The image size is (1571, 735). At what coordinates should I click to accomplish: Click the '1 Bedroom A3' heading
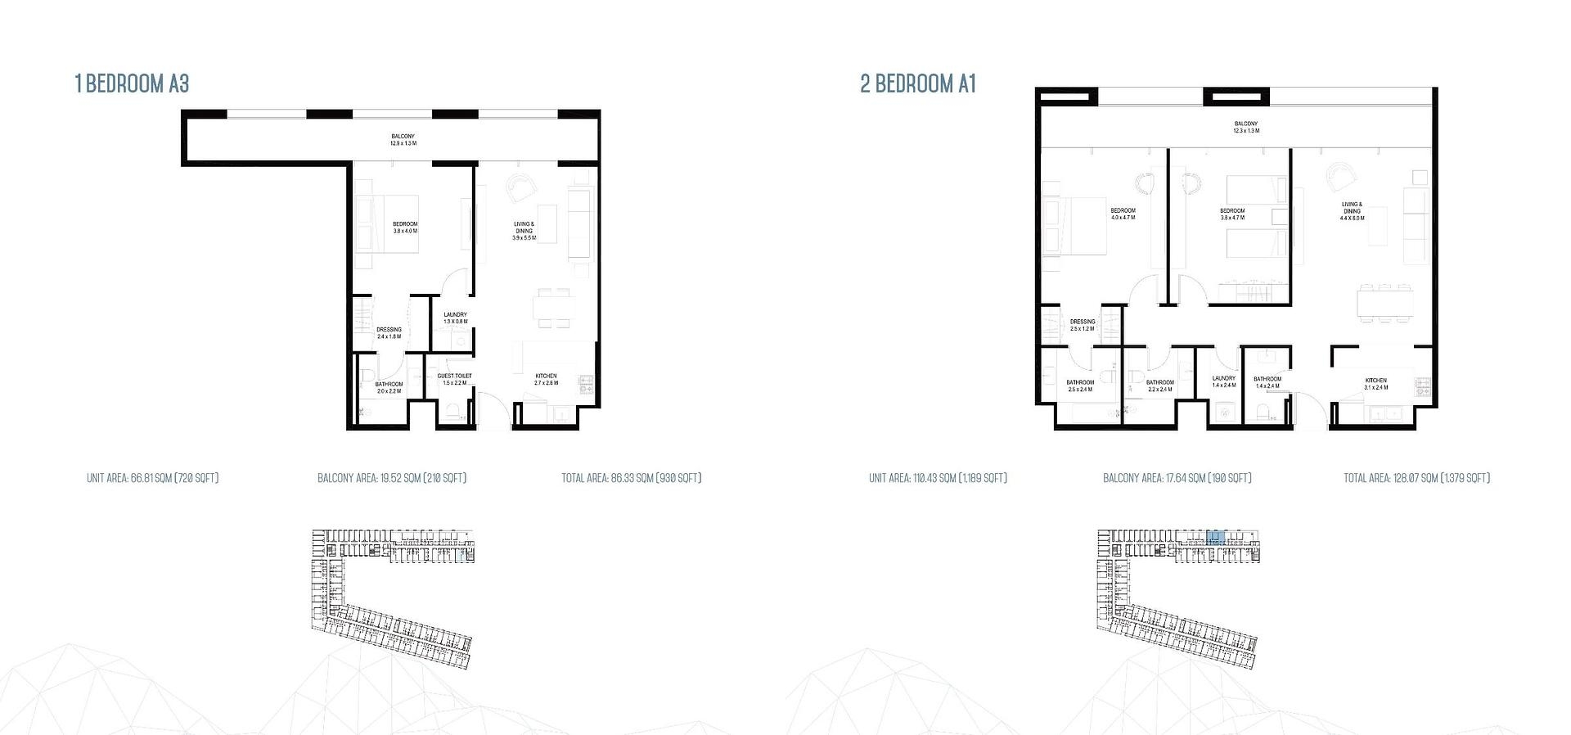pos(132,83)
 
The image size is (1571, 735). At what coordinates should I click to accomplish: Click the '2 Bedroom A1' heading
pos(918,83)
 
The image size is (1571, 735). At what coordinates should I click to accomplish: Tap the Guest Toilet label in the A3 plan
pos(454,379)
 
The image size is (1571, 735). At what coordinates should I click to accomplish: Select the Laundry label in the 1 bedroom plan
pos(455,318)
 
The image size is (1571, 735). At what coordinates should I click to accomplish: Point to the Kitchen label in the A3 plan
pos(546,379)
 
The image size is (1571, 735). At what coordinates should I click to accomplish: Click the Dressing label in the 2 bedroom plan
pos(1082,325)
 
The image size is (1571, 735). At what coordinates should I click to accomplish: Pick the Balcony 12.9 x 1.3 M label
pos(403,139)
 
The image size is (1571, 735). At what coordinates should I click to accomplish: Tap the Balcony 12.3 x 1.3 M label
pos(1246,127)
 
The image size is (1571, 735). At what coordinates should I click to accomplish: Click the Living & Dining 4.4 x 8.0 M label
pos(1351,211)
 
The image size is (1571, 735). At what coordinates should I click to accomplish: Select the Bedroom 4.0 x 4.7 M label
pos(1123,214)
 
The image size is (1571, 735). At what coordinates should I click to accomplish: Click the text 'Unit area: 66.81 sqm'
pos(152,478)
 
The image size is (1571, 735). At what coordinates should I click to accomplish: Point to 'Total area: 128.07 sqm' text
pos(1416,478)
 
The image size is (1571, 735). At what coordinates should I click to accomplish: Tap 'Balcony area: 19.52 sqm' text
pos(392,478)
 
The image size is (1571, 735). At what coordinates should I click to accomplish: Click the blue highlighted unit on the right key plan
pos(1216,538)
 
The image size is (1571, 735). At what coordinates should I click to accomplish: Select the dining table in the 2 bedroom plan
pos(1385,303)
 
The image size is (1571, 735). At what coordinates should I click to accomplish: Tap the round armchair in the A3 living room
pos(519,189)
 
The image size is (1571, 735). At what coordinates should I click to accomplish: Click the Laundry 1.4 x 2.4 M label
pos(1223,381)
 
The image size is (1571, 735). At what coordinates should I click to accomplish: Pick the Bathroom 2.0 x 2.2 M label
pos(389,387)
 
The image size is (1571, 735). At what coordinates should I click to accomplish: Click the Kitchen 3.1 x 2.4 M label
pos(1375,383)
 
